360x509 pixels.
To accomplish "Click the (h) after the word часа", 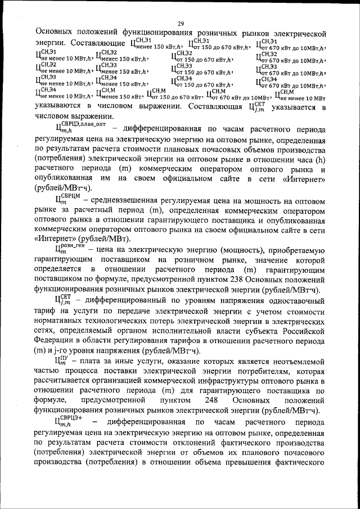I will (319, 158).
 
